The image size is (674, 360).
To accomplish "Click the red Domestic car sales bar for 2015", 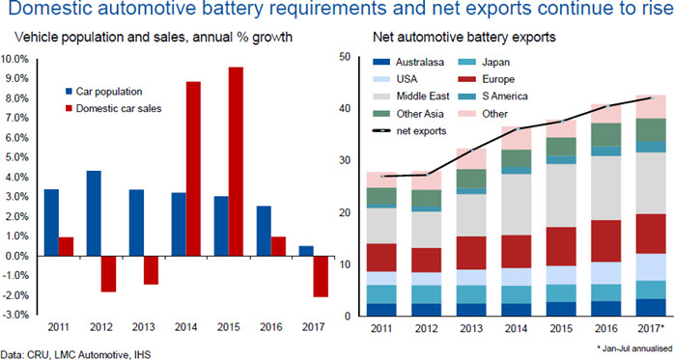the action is [x=236, y=161].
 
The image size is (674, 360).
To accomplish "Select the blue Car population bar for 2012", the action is [x=94, y=213].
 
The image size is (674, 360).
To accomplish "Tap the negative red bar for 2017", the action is [x=321, y=276].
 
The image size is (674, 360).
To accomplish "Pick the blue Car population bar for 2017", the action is [x=306, y=251].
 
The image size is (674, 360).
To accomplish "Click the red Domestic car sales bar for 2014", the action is [x=193, y=169].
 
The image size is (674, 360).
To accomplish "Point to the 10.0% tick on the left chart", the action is [x=15, y=59].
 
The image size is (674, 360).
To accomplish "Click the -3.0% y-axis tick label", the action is [x=16, y=315].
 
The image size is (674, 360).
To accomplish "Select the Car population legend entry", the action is [x=103, y=92].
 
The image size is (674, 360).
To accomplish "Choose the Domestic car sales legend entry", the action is [x=114, y=108].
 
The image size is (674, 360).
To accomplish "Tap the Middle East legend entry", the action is [x=411, y=96].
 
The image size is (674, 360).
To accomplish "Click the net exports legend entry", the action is [x=409, y=131].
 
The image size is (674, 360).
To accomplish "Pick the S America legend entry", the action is [x=493, y=96].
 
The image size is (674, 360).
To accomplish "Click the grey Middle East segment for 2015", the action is [x=561, y=196].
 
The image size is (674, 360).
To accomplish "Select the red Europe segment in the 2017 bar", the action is [x=651, y=234].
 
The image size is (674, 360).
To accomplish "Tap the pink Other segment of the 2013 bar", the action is [x=471, y=159].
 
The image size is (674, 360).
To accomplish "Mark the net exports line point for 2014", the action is [x=518, y=129].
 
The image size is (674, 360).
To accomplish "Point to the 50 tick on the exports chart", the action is [x=345, y=57].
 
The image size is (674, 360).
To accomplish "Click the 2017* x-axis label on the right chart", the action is [x=651, y=329].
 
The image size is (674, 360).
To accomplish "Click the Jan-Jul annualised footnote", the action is [x=634, y=348].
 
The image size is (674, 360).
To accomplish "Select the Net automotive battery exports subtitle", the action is [x=464, y=37].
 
